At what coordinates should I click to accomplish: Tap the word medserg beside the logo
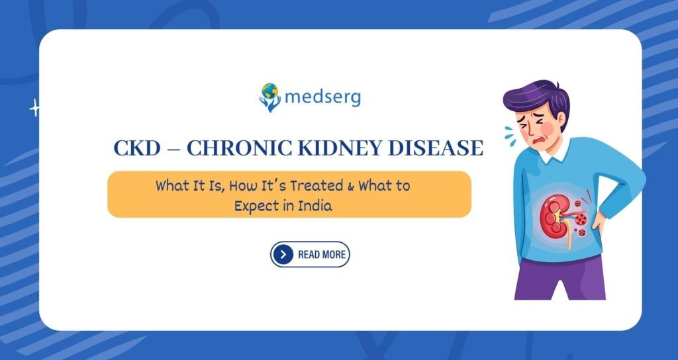point(323,98)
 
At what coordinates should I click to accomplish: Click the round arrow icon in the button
point(283,254)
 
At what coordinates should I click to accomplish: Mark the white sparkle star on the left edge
point(34,108)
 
